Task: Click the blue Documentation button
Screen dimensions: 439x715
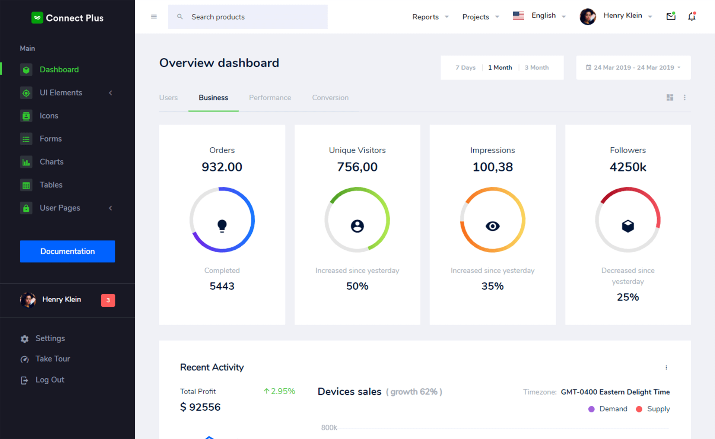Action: point(67,251)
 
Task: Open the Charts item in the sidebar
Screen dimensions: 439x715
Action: point(51,162)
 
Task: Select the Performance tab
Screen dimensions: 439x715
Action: point(270,98)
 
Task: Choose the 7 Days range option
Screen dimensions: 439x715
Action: point(465,67)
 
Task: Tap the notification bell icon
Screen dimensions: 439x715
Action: point(692,16)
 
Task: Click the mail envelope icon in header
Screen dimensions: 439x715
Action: point(671,16)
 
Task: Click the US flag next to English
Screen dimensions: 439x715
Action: point(518,16)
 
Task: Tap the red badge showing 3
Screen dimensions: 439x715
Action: point(108,300)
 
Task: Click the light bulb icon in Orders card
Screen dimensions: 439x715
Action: point(222,226)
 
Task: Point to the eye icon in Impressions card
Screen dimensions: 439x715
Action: point(492,226)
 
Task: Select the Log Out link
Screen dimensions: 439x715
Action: point(50,380)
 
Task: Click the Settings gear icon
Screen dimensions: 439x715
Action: point(25,339)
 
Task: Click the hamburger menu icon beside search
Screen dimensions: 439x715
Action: point(154,17)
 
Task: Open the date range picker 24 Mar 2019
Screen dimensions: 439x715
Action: point(633,67)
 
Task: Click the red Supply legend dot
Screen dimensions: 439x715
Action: point(639,409)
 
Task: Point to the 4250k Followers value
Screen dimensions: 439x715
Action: point(628,167)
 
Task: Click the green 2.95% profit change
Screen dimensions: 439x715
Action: point(279,391)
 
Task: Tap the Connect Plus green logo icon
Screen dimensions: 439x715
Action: point(37,18)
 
